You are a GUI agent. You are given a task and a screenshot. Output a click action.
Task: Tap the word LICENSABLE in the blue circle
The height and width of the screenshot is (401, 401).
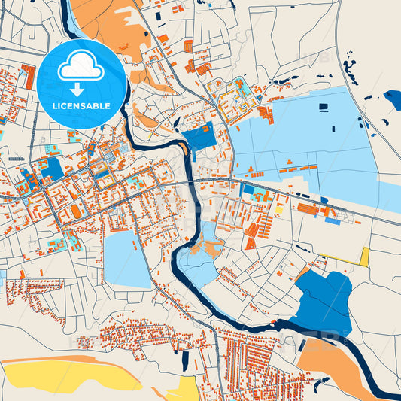point(81,105)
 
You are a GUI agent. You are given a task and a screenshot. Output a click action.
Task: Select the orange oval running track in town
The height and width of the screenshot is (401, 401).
point(77,214)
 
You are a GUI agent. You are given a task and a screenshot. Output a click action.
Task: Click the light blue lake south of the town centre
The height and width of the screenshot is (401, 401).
point(127,260)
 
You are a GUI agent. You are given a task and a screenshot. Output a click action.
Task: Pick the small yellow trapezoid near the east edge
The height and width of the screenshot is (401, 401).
point(365,257)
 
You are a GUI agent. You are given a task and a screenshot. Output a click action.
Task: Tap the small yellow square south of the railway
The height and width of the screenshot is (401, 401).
point(279,209)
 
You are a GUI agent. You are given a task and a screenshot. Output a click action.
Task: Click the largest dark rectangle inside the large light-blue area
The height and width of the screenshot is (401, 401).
point(324,107)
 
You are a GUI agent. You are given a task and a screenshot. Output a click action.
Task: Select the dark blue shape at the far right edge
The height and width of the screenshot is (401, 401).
point(393,99)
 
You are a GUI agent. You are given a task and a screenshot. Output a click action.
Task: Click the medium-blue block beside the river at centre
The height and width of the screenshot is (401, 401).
point(199,138)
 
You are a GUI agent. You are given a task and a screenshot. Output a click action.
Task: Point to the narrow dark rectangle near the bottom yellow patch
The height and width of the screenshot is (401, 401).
point(185,362)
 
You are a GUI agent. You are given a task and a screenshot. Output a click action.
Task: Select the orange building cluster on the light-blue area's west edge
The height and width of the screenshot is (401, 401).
point(264,113)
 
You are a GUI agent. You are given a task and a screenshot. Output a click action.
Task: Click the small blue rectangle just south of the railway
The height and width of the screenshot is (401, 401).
point(332,221)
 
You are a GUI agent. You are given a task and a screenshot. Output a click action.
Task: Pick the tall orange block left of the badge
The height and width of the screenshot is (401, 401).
point(29,76)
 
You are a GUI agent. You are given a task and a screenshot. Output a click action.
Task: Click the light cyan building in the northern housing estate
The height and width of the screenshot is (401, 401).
point(242,84)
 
